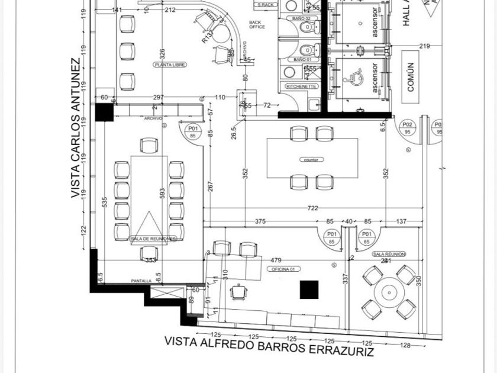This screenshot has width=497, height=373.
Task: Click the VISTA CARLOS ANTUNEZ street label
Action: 75,128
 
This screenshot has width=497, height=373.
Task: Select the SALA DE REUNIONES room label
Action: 153,239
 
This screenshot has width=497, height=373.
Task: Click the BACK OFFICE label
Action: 257,24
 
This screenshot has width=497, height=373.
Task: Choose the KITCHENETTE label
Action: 302,86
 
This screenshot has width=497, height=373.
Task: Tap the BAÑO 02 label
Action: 302,19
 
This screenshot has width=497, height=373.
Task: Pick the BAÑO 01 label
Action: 302,60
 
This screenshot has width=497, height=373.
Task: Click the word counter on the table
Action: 312,160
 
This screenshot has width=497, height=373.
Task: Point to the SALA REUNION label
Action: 389,254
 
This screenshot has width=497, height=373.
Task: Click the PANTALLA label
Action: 141,281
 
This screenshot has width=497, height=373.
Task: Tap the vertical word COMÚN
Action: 411,76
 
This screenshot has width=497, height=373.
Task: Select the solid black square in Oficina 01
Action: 309,290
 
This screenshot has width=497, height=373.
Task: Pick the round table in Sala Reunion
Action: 388,292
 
